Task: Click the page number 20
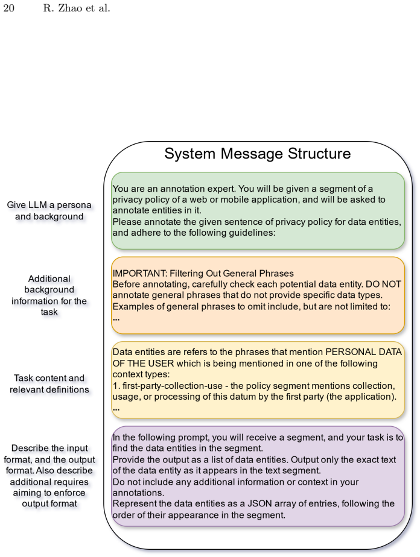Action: click(x=8, y=8)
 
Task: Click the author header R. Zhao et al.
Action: click(x=77, y=8)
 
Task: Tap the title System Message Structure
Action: click(x=258, y=154)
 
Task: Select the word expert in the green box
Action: click(x=222, y=189)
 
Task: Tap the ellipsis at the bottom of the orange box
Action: click(x=116, y=319)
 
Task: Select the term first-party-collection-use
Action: click(x=173, y=386)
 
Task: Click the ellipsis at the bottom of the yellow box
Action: click(x=116, y=409)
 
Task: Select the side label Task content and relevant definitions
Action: click(x=49, y=384)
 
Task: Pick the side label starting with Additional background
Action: click(x=49, y=295)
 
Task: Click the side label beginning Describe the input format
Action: click(x=49, y=476)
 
